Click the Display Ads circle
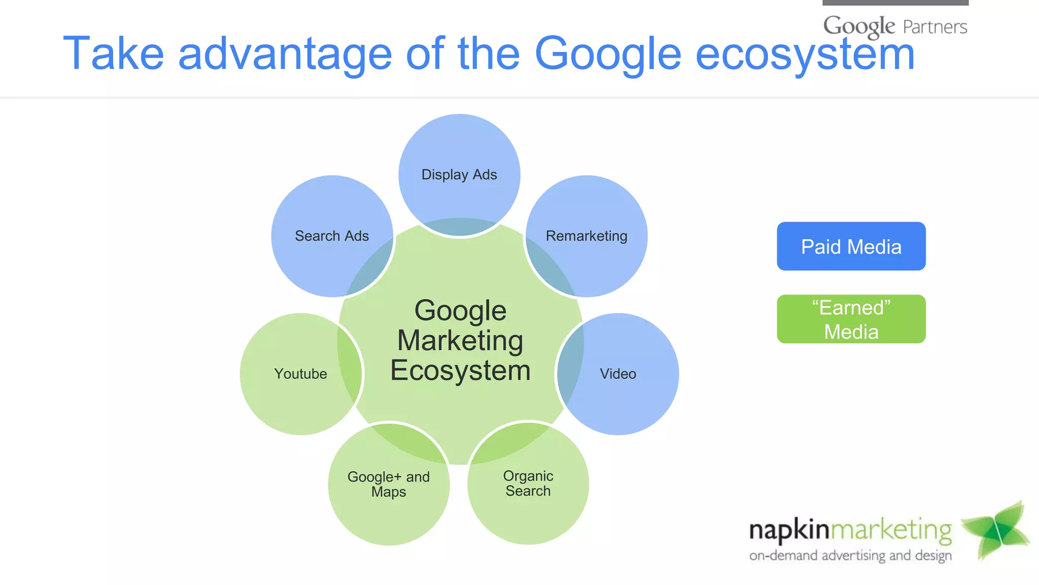pos(459,174)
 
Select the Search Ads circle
pos(332,236)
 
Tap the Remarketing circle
pos(586,236)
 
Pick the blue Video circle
pos(618,374)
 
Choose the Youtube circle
pos(300,374)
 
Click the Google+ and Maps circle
pos(389,484)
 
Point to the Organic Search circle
pos(528,483)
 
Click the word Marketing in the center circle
pos(460,340)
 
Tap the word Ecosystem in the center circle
pos(460,370)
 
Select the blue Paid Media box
pos(851,246)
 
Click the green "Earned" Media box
pos(851,319)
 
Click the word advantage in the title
pos(285,54)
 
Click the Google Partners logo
pos(895,26)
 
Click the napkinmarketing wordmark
pos(850,530)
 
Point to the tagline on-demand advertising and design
pos(850,556)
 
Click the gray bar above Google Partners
pos(895,3)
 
